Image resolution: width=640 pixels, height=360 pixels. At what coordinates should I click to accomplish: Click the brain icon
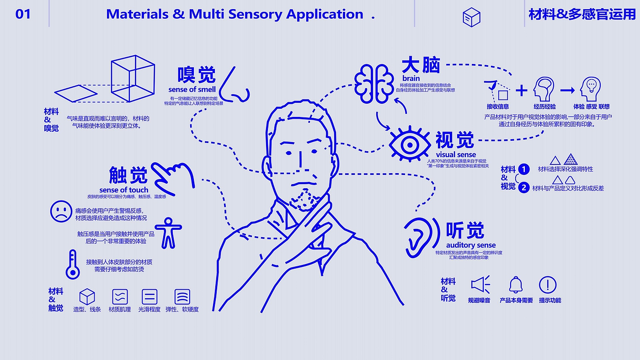pos(374,83)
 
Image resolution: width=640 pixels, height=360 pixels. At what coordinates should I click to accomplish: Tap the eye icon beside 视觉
pos(410,145)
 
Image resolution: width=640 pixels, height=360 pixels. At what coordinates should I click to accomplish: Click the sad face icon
pos(61,212)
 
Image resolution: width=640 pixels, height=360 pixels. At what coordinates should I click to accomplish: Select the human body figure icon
pos(168,233)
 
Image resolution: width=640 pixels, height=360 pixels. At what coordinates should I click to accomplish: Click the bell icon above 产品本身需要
pos(516,285)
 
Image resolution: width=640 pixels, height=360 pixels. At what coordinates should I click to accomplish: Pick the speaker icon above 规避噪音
pos(480,285)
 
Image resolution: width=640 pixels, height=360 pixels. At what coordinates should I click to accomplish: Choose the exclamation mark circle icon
pos(547,285)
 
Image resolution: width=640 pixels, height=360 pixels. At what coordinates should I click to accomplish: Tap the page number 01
pos(23,14)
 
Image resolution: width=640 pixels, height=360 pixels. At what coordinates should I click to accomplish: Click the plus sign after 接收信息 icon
pos(521,90)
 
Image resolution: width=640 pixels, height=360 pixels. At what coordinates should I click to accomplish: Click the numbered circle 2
pos(524,187)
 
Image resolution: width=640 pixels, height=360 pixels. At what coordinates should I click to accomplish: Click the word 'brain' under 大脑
pos(411,78)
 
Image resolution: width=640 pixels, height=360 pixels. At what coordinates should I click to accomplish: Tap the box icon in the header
pos(471,17)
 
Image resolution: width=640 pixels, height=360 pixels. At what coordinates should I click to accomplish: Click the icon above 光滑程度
pos(149,297)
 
